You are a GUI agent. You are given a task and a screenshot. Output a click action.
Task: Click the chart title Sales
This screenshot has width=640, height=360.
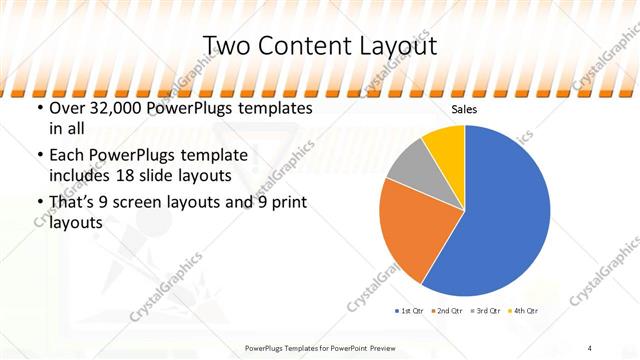(x=463, y=110)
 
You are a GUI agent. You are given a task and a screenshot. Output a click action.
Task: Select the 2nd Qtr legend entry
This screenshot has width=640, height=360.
(x=448, y=311)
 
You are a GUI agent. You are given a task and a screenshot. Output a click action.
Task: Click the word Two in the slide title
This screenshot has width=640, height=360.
(x=225, y=46)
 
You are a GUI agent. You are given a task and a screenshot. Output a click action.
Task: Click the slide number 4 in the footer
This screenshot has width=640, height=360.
(x=590, y=347)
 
